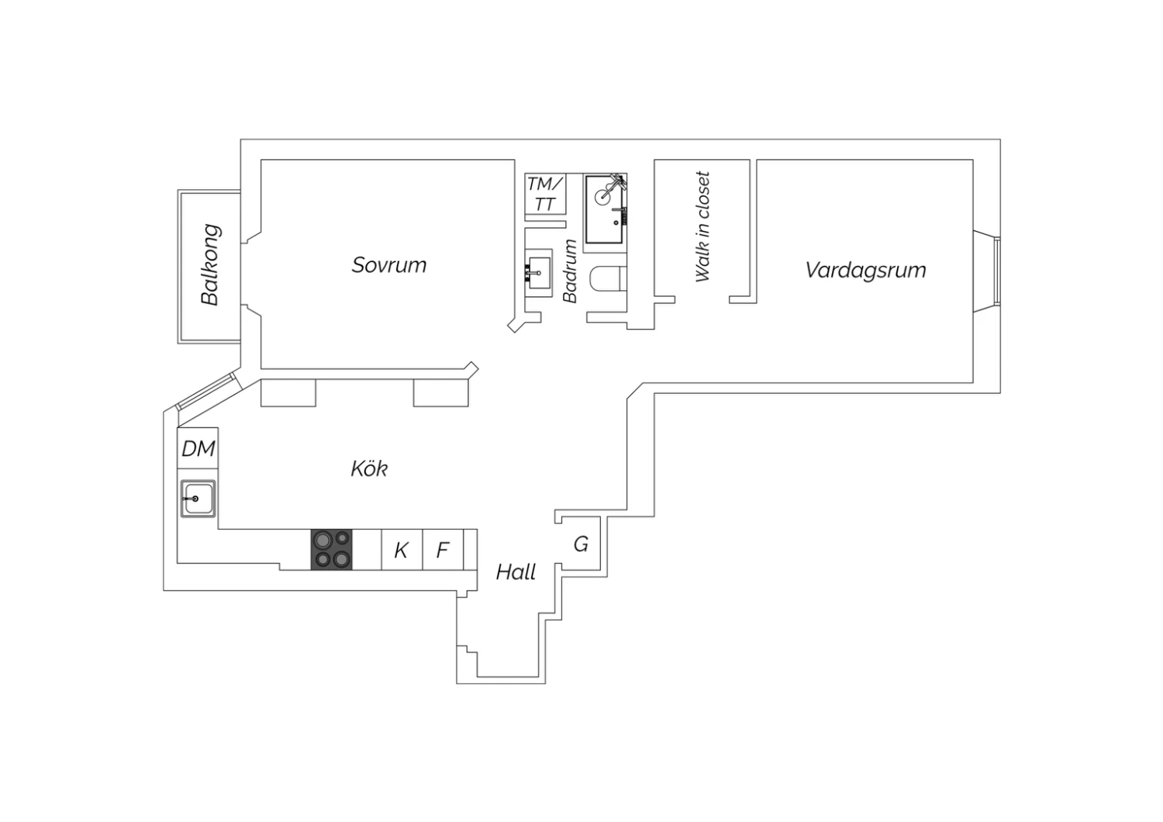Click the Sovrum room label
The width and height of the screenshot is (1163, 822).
389,265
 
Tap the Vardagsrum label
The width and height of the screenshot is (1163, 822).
865,270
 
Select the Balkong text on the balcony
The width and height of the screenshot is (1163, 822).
210,264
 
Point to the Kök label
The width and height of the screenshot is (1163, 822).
369,468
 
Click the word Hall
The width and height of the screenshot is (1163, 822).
516,572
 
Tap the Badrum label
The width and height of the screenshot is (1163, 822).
570,271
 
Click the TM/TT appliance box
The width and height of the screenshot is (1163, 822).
545,194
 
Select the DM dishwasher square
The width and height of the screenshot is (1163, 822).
198,448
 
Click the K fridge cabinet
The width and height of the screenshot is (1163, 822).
402,549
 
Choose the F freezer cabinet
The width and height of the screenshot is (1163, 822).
443,549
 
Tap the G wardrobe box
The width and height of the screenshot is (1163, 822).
581,544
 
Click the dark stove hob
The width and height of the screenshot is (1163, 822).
331,549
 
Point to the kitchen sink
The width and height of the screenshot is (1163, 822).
198,499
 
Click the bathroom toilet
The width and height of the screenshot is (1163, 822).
609,279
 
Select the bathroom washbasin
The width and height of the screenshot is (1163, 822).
538,273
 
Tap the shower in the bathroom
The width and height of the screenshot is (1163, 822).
605,209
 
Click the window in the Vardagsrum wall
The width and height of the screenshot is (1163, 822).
997,271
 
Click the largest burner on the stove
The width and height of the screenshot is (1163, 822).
323,541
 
